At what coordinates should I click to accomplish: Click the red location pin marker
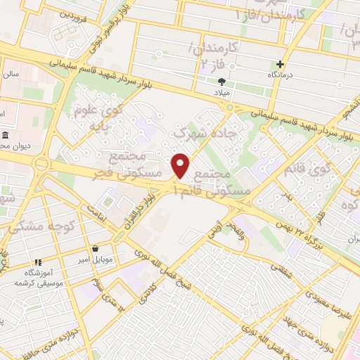point(181,165)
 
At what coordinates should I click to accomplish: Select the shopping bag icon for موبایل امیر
point(96,248)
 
